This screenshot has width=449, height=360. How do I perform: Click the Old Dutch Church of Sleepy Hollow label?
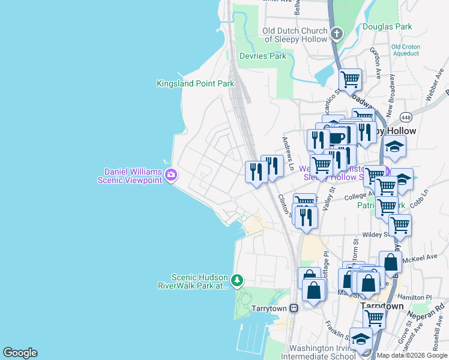coord(297,35)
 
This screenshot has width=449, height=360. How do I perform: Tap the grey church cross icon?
coord(337,34)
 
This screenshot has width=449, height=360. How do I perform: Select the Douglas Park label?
coord(387,26)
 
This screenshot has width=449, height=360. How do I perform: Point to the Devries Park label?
coord(263,56)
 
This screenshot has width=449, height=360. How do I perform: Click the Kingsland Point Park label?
coord(195,84)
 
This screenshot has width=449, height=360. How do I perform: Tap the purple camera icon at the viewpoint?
coord(171,175)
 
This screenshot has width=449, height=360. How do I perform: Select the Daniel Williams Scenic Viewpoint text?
coord(131,176)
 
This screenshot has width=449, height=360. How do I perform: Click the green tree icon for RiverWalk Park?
coord(238,280)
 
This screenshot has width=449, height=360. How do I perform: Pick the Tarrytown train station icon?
coord(294,308)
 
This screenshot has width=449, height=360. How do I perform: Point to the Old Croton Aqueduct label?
coord(405,50)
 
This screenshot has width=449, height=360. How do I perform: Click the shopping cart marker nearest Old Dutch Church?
coord(350,79)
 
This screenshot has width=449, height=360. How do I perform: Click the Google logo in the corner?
coord(20,353)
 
